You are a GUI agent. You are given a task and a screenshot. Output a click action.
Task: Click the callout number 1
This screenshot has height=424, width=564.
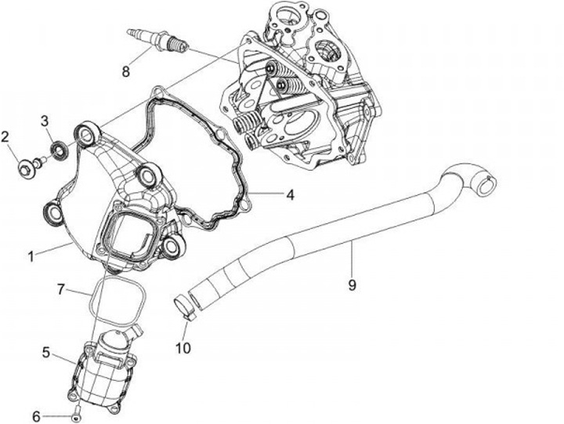click(x=32, y=256)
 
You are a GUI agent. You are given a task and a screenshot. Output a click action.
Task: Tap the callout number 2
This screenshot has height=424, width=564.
click(x=5, y=138)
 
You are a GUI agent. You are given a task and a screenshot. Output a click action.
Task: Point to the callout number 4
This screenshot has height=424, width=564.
click(x=289, y=194)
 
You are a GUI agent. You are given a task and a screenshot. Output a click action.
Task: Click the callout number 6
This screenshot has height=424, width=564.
click(x=35, y=415)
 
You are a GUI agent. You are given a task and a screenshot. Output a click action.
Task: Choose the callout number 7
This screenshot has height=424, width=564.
click(x=60, y=290)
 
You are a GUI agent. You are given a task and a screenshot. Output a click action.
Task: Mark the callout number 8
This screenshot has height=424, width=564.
click(x=125, y=72)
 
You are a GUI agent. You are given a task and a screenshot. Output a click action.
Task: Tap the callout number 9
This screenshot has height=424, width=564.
click(x=352, y=285)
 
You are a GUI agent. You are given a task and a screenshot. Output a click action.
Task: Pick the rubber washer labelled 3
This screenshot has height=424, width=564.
click(x=57, y=148)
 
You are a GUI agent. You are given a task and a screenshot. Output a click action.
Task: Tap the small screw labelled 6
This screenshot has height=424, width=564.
click(x=76, y=412)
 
